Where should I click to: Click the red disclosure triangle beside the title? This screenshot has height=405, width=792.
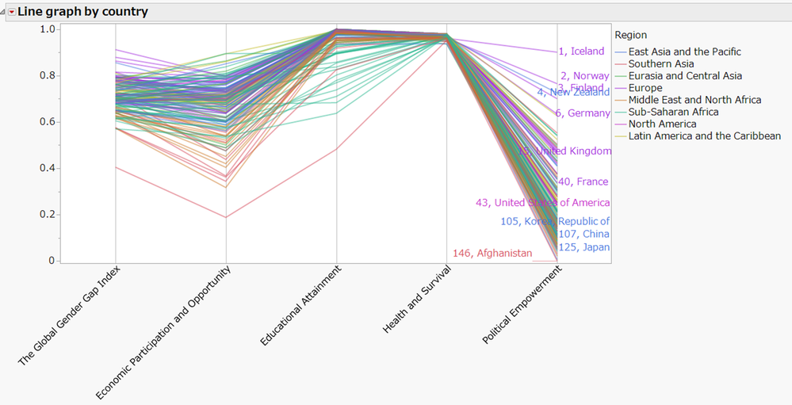pyautogui.click(x=11, y=12)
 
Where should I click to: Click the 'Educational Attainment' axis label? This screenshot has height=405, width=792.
pyautogui.click(x=301, y=305)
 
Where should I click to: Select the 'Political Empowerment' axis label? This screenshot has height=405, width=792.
pyautogui.click(x=522, y=305)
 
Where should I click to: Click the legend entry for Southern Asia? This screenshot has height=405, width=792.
pyautogui.click(x=661, y=63)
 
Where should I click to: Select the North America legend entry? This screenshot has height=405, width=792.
pyautogui.click(x=663, y=124)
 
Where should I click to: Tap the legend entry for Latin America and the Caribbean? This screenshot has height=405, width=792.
pyautogui.click(x=704, y=136)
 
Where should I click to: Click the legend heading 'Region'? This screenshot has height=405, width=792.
pyautogui.click(x=630, y=35)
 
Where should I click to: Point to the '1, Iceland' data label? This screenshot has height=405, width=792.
pyautogui.click(x=581, y=52)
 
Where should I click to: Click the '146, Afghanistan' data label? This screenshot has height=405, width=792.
pyautogui.click(x=492, y=254)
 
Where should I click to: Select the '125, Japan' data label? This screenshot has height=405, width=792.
pyautogui.click(x=584, y=247)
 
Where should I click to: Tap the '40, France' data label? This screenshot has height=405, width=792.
pyautogui.click(x=583, y=181)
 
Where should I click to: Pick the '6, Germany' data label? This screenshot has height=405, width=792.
pyautogui.click(x=583, y=113)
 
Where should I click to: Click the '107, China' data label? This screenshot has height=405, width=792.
pyautogui.click(x=584, y=234)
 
